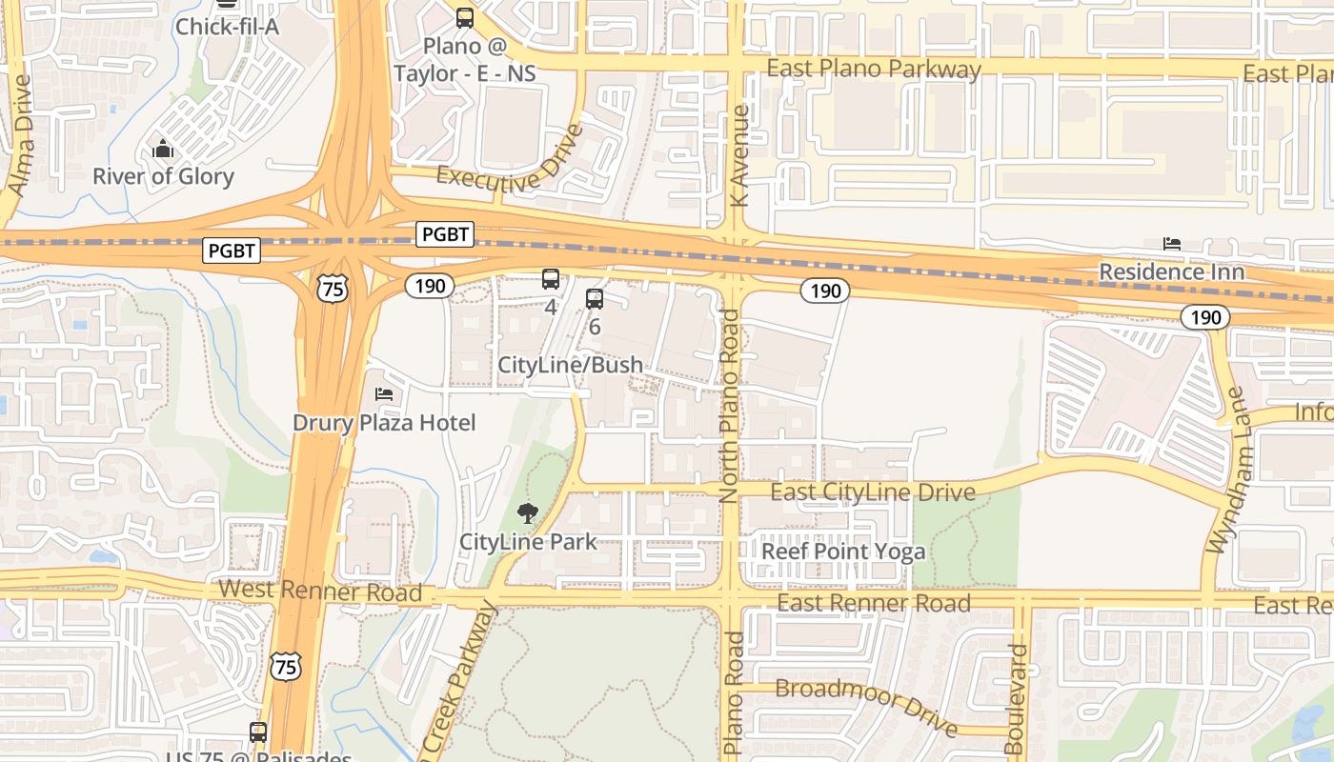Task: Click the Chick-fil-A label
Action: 226,27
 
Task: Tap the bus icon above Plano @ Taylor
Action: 464,17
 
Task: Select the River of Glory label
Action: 163,176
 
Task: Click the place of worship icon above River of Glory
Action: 163,150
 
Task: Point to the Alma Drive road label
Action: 20,135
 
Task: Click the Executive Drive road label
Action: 509,163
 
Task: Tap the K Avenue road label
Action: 739,155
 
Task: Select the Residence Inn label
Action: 1171,271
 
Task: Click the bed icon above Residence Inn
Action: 1171,245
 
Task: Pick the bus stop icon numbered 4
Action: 550,279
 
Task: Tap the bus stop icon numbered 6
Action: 594,299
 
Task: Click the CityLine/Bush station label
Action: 570,365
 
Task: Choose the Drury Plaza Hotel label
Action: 384,422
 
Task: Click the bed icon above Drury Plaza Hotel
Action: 384,394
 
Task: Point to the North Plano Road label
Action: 730,406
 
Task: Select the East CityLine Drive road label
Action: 872,492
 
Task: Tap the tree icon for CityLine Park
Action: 527,514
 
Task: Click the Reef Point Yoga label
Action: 843,551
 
